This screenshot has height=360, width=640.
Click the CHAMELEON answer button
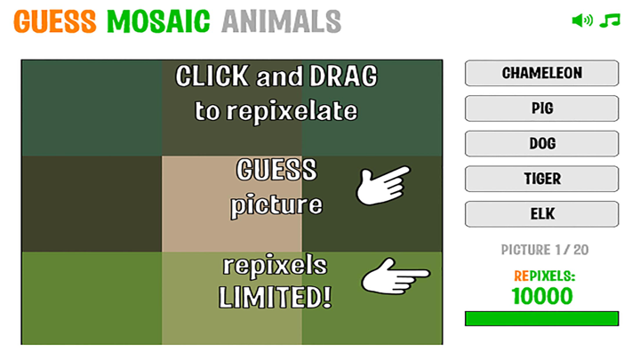pos(541,73)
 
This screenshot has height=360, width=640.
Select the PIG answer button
pos(541,108)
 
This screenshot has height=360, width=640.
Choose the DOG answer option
pos(541,144)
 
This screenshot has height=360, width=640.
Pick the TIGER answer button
pos(541,179)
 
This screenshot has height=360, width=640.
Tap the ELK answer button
pos(541,214)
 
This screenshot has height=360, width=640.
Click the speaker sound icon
pos(582,20)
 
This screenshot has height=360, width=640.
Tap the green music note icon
pos(610,20)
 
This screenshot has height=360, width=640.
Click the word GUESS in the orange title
pos(55,20)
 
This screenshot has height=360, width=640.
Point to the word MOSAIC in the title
pos(159,20)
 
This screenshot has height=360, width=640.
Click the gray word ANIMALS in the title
pos(281,20)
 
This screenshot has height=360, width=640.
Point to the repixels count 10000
pos(541,296)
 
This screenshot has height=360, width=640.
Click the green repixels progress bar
pos(541,318)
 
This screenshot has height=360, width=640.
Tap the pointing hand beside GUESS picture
pos(382,184)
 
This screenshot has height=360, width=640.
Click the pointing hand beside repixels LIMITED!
pos(395,278)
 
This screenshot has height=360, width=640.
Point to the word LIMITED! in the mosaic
pos(276,297)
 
